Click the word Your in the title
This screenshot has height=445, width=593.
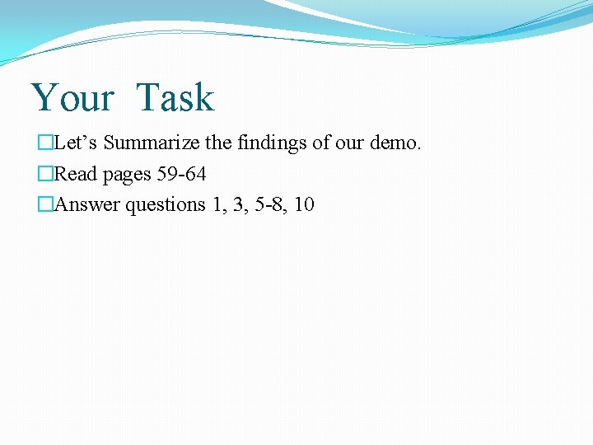[x=72, y=98]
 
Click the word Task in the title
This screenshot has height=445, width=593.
[x=175, y=98]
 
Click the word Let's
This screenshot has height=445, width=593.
[x=77, y=143]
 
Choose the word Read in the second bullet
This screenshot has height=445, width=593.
[x=76, y=174]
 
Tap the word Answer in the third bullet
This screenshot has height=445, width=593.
[x=88, y=204]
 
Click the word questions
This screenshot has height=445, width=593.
[x=166, y=204]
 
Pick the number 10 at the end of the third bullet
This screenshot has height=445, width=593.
[x=303, y=204]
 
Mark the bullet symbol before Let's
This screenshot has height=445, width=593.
[x=44, y=143]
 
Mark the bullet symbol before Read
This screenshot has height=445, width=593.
[x=44, y=174]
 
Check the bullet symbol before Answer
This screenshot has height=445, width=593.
[x=44, y=204]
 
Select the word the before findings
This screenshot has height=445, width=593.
[x=218, y=143]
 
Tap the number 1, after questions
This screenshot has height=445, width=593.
[x=217, y=204]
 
